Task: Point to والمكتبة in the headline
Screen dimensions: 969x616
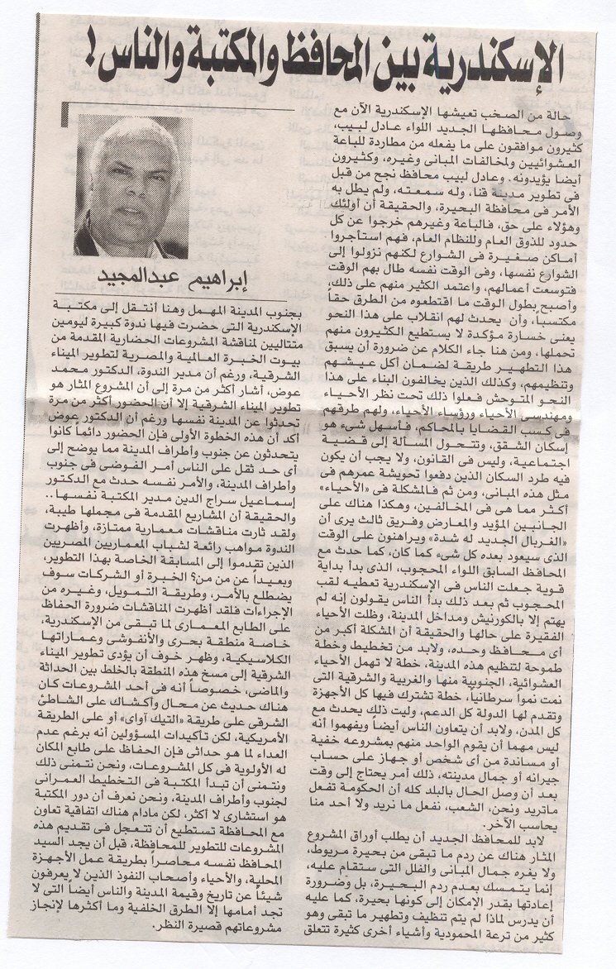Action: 195,66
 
